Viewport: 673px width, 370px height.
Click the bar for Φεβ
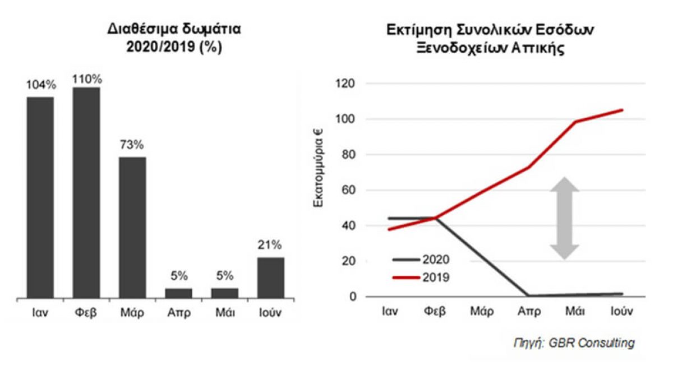pyautogui.click(x=86, y=192)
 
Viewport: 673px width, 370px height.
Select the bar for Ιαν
pyautogui.click(x=40, y=197)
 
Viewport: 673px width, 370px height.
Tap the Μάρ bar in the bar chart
pyautogui.click(x=132, y=227)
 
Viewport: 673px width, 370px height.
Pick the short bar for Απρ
pyautogui.click(x=178, y=293)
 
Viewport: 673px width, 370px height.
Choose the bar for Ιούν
pyautogui.click(x=270, y=277)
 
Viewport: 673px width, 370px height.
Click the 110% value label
pyautogui.click(x=86, y=78)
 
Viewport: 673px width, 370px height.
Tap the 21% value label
pyautogui.click(x=270, y=246)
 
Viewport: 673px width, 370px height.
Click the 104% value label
pyautogui.click(x=41, y=85)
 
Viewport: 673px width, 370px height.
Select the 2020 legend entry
pyautogui.click(x=421, y=259)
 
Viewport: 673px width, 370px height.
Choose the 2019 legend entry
pyautogui.click(x=421, y=276)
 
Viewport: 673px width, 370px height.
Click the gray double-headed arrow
pyautogui.click(x=564, y=219)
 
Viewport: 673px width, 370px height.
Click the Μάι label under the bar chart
pyautogui.click(x=224, y=312)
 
